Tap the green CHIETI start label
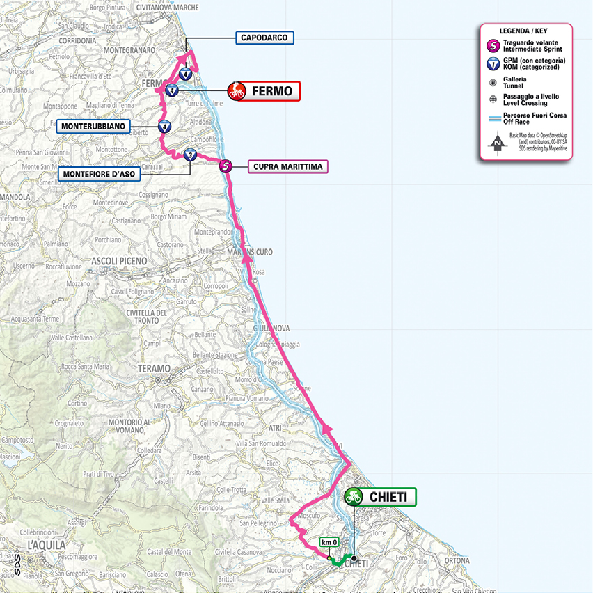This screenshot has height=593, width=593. pyautogui.click(x=388, y=497)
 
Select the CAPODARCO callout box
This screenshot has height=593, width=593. pyautogui.click(x=265, y=38)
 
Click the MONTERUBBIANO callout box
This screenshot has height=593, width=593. pyautogui.click(x=93, y=126)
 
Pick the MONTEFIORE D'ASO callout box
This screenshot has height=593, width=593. pyautogui.click(x=100, y=173)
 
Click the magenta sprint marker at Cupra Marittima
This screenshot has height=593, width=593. pyautogui.click(x=226, y=166)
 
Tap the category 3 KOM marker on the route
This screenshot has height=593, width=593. pyautogui.click(x=191, y=156)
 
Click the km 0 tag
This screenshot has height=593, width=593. pyautogui.click(x=329, y=542)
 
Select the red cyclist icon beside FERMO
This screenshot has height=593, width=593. pyautogui.click(x=237, y=90)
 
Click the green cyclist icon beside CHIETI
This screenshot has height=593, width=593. pyautogui.click(x=353, y=497)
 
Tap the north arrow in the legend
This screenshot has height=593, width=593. pyautogui.click(x=497, y=143)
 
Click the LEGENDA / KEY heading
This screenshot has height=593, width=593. pyautogui.click(x=525, y=32)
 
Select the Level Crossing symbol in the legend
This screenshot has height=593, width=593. pyautogui.click(x=493, y=99)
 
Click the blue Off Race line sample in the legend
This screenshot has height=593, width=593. pyautogui.click(x=493, y=116)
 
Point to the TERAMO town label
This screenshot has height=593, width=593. pyautogui.click(x=154, y=368)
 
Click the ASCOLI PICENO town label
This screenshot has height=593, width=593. pyautogui.click(x=119, y=261)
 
